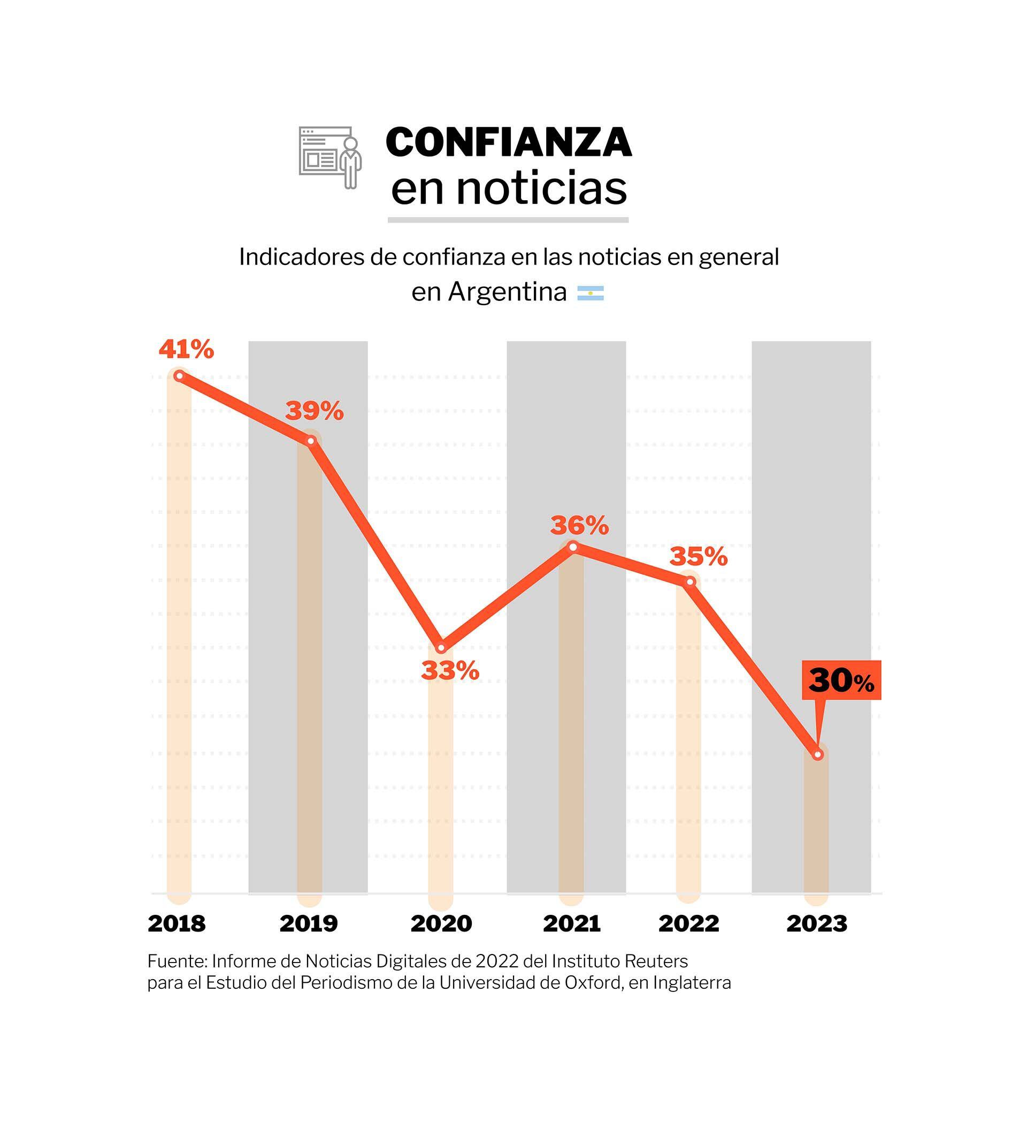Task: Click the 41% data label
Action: pyautogui.click(x=186, y=350)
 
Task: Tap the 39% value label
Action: pyautogui.click(x=315, y=412)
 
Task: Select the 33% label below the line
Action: pyautogui.click(x=450, y=671)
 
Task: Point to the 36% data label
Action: pyautogui.click(x=580, y=526)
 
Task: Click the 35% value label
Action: pyautogui.click(x=699, y=557)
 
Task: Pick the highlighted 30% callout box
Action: pyautogui.click(x=841, y=680)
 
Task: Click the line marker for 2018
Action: pyautogui.click(x=179, y=376)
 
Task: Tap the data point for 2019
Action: pyautogui.click(x=311, y=441)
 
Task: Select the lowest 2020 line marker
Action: pyautogui.click(x=441, y=648)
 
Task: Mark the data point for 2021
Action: pyautogui.click(x=573, y=547)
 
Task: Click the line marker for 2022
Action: pyautogui.click(x=689, y=582)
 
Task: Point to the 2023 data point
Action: pyautogui.click(x=817, y=755)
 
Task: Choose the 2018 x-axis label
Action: pyautogui.click(x=177, y=925)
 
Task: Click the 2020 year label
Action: pyautogui.click(x=441, y=925)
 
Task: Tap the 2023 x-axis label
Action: pyautogui.click(x=817, y=925)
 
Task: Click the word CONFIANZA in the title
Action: pyautogui.click(x=509, y=143)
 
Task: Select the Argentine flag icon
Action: pyautogui.click(x=590, y=293)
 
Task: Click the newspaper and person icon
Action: pyautogui.click(x=330, y=157)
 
